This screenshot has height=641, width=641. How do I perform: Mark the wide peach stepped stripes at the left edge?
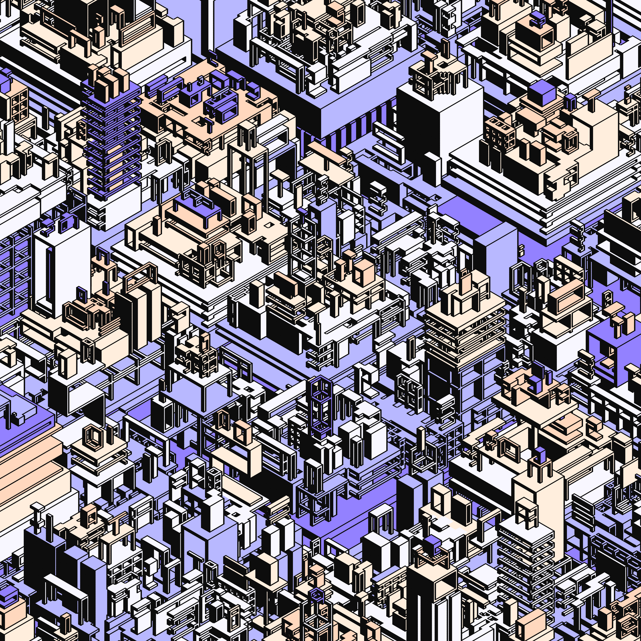pyautogui.click(x=27, y=465)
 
